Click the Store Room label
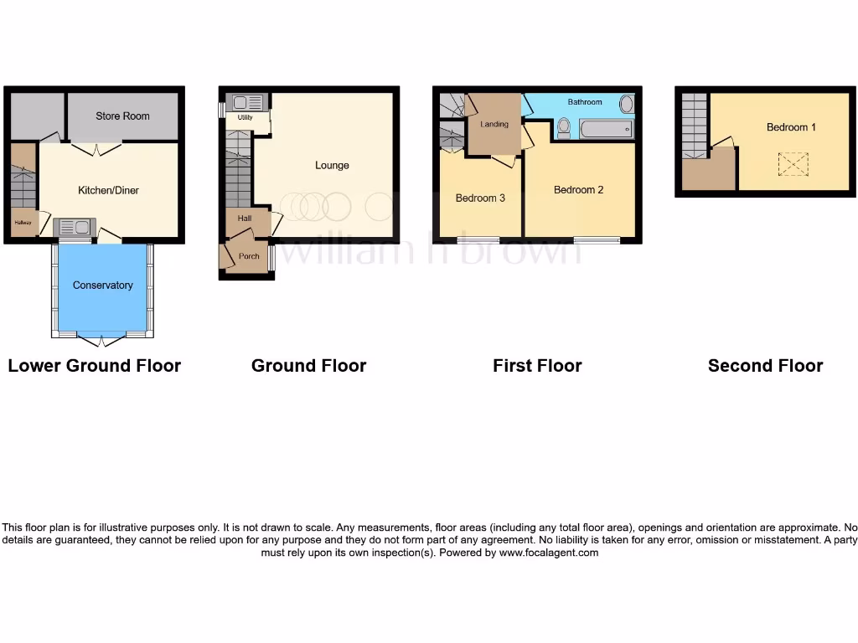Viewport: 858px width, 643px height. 122,116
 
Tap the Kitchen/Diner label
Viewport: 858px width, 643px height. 108,190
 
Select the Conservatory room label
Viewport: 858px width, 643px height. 102,285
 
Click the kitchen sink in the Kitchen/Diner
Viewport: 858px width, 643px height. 69,227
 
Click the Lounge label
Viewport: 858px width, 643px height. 332,165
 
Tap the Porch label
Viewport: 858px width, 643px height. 248,256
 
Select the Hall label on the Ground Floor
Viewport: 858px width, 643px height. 245,219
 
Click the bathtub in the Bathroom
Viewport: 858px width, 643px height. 606,130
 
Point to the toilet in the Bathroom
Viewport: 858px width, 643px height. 564,127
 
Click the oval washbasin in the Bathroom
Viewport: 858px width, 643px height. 626,105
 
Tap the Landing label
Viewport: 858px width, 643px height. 494,125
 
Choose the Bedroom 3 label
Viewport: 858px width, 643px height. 480,198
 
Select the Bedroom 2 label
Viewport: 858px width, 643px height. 578,190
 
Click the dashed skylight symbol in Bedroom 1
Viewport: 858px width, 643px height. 788,164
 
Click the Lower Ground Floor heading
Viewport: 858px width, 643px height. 94,366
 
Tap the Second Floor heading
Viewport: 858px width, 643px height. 765,366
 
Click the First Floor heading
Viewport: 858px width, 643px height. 537,366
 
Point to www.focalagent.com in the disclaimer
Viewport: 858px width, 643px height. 549,553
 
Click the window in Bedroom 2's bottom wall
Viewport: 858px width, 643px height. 597,241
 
